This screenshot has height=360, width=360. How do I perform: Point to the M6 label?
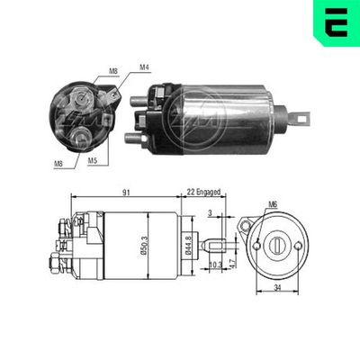coord(271,203)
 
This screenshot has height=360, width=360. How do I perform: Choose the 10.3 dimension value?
coord(214,266)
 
